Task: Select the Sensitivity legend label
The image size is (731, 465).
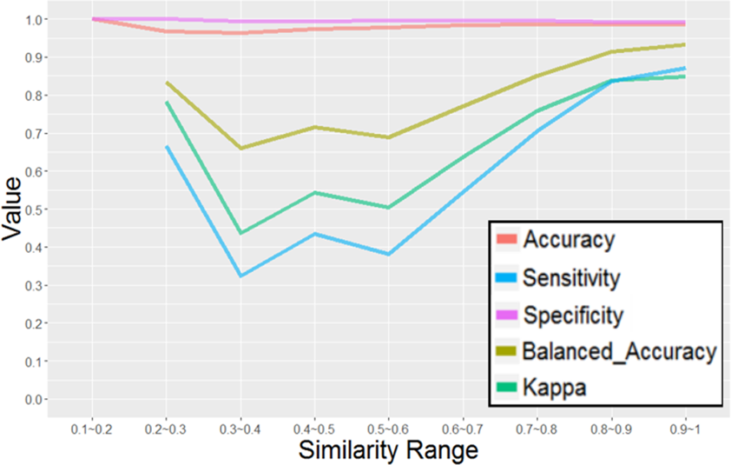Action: click(570, 278)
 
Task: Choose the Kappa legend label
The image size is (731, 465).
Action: click(555, 388)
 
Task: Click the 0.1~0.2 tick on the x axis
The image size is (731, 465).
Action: click(91, 428)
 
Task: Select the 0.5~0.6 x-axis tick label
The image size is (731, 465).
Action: click(388, 428)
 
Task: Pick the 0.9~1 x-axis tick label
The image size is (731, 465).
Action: click(685, 428)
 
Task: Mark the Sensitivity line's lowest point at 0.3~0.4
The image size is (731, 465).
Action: click(240, 276)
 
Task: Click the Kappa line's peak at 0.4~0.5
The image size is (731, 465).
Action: click(314, 192)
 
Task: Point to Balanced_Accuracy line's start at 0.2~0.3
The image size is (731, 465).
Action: click(166, 83)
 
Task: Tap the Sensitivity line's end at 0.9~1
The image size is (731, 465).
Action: click(685, 68)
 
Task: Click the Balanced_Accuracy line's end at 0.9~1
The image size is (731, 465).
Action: click(685, 44)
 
